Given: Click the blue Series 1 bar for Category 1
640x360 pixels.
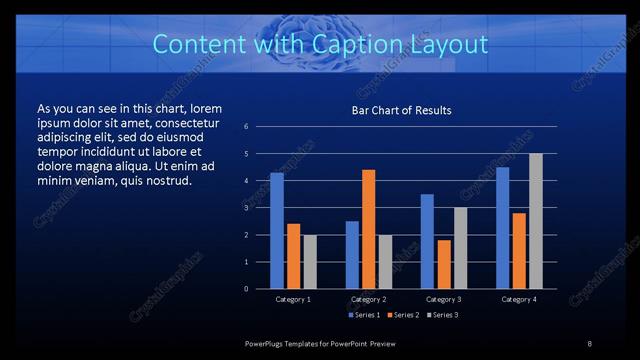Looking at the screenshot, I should pyautogui.click(x=276, y=231).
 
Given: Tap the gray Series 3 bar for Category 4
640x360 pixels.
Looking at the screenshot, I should pyautogui.click(x=536, y=221).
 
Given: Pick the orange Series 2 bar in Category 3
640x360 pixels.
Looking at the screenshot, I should pyautogui.click(x=444, y=264).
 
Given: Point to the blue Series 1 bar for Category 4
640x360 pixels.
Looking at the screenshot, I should pyautogui.click(x=502, y=228).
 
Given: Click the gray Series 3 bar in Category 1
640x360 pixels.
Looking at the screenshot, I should pyautogui.click(x=309, y=261).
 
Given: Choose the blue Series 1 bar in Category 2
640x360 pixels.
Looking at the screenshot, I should pyautogui.click(x=352, y=255).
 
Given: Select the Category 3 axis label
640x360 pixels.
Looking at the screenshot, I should pyautogui.click(x=443, y=299).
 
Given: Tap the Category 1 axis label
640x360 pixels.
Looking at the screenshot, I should pyautogui.click(x=293, y=299).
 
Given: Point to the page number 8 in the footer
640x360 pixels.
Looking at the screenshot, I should pyautogui.click(x=590, y=343).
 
